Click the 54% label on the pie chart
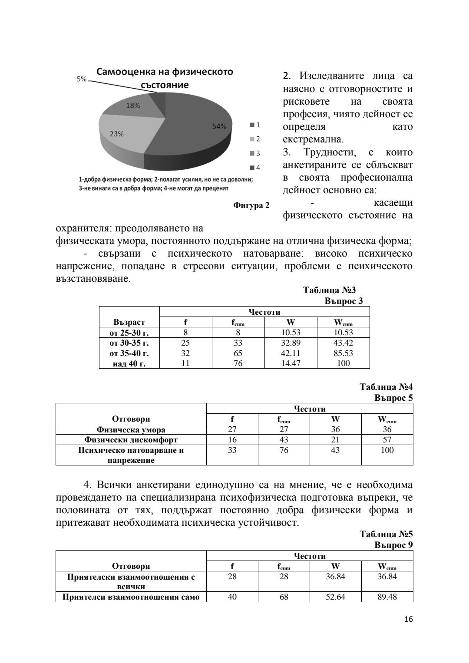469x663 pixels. point(219,126)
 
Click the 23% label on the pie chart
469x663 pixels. point(116,134)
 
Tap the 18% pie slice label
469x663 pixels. point(132,106)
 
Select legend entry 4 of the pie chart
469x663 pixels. point(254,167)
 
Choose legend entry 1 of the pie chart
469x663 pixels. point(254,125)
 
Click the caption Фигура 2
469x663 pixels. point(251,205)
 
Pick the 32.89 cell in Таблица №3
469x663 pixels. point(291,343)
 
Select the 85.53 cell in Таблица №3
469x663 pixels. point(343,353)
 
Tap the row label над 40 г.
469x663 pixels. point(129,364)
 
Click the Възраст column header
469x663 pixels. point(129,322)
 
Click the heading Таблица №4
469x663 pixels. point(386,387)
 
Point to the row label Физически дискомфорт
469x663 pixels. point(131,440)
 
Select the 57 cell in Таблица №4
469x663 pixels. point(387,440)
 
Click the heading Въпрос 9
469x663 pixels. point(393,544)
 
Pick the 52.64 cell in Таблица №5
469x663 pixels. point(335,597)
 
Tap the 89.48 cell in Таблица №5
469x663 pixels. point(387,597)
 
